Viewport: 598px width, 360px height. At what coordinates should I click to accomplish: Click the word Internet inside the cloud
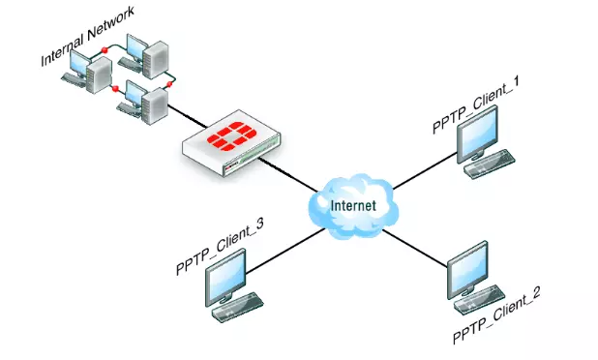pyautogui.click(x=353, y=206)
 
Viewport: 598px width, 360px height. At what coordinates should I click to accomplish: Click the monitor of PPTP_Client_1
pyautogui.click(x=479, y=133)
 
